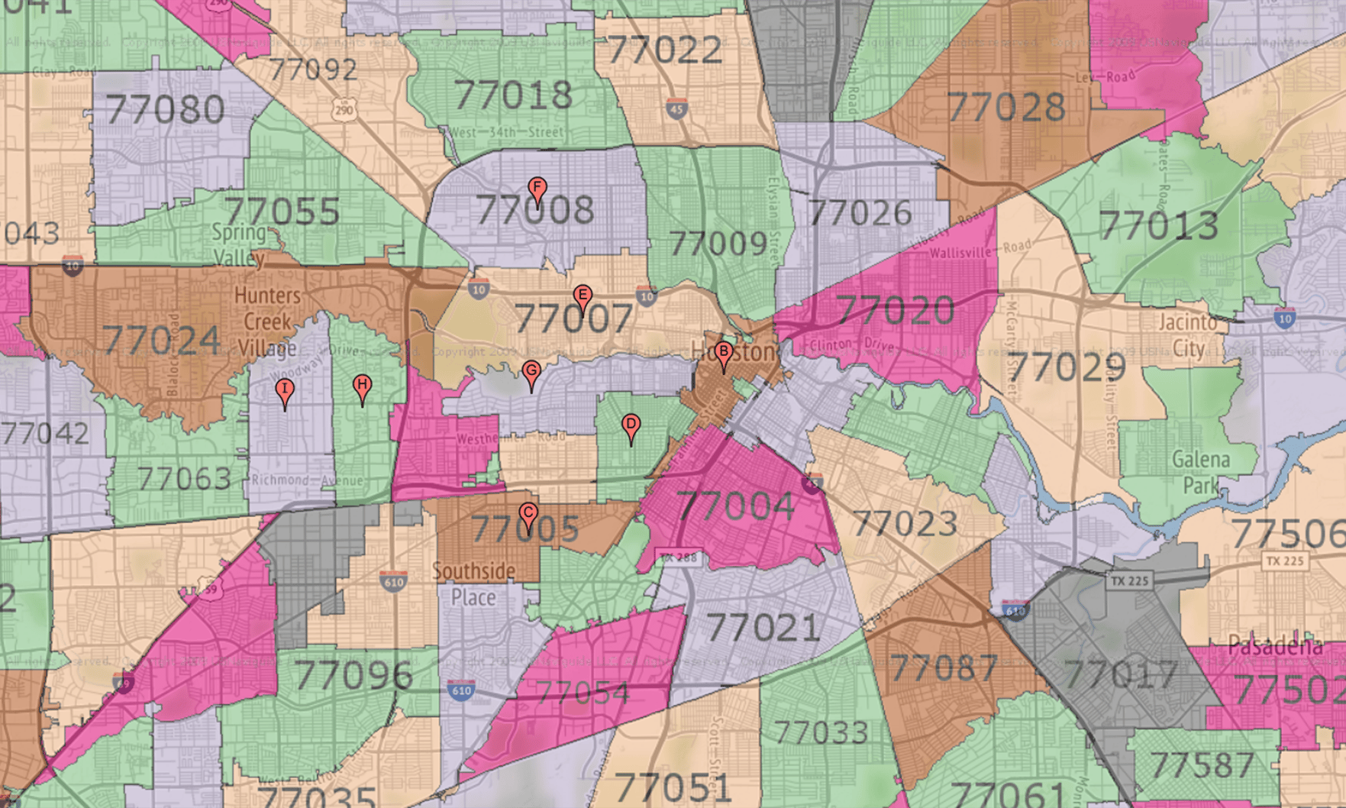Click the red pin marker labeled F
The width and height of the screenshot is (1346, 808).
pos(537,189)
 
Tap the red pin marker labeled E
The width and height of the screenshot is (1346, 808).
pos(583,297)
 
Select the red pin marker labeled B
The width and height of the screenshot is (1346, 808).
pos(724,353)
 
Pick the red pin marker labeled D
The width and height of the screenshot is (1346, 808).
pos(631,425)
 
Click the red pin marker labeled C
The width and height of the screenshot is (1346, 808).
pos(528,514)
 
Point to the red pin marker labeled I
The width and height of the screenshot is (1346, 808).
pos(285,391)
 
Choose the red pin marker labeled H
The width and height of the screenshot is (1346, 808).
pos(363,386)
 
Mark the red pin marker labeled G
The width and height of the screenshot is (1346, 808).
pos(531,373)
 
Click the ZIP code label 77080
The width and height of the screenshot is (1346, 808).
pos(165,110)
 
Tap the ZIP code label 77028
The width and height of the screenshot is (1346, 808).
pos(1006,108)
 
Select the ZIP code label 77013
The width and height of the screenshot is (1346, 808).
pos(1158,226)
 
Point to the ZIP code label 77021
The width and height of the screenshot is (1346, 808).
pos(763,628)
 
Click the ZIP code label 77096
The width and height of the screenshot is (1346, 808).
pos(353,675)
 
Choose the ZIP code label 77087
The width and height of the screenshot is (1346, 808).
pos(944,669)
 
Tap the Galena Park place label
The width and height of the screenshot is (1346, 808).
pos(1201,472)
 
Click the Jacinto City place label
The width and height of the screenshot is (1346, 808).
pos(1188,335)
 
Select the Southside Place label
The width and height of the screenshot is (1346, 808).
pos(473,583)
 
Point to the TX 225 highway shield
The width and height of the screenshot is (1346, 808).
pos(1130,581)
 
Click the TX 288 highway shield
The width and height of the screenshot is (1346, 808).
pos(678,557)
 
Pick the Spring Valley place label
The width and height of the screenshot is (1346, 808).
pos(239,244)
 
